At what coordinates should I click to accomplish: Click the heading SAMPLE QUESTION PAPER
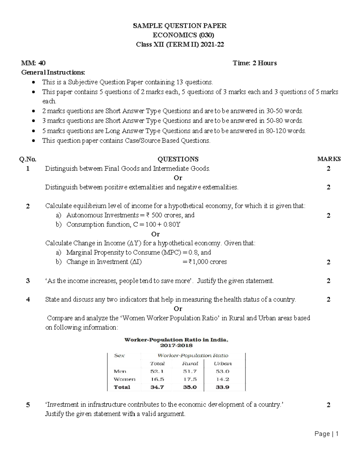click(180, 26)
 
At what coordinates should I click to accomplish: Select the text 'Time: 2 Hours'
click(255, 63)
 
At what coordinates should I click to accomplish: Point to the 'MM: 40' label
click(33, 63)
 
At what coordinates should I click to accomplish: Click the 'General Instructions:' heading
click(53, 72)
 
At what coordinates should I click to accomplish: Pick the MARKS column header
click(329, 159)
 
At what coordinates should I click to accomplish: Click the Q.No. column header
click(28, 159)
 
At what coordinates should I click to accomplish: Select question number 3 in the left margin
click(28, 281)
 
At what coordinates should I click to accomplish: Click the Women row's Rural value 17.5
click(190, 379)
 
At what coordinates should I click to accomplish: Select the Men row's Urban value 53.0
click(223, 371)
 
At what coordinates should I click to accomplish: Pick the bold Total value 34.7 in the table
click(157, 387)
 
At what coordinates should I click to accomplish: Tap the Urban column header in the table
click(223, 363)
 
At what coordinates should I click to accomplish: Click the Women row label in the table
click(124, 379)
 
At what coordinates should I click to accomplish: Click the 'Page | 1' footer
click(327, 434)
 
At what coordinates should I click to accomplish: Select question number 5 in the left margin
click(28, 405)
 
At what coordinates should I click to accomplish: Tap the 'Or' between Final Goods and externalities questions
click(178, 178)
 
